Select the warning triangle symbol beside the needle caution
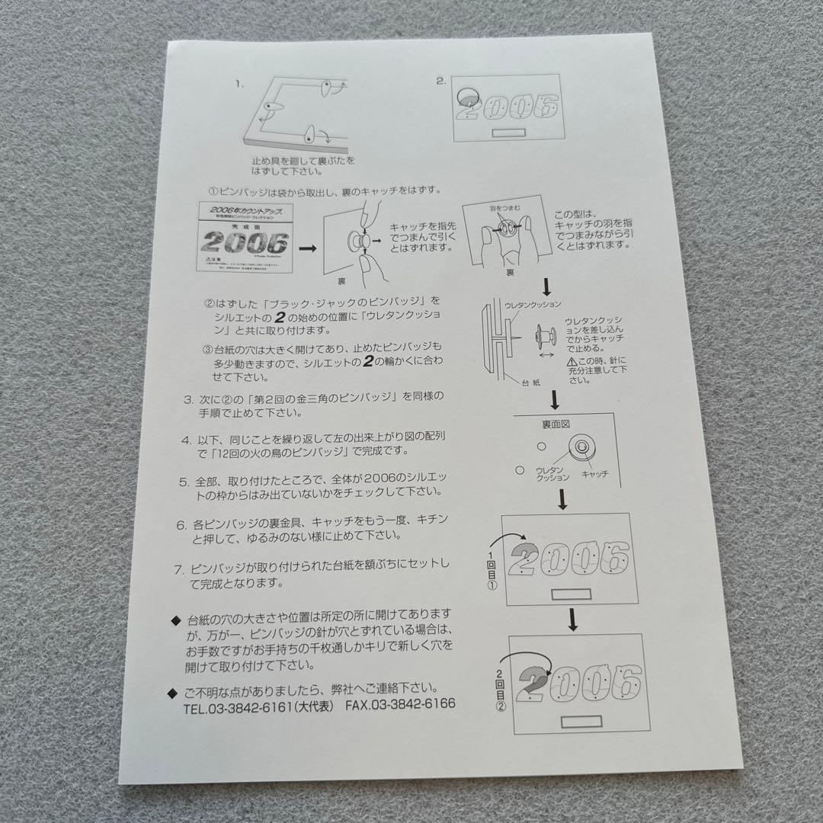(x=570, y=361)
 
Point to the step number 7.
(x=179, y=568)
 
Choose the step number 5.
(x=184, y=482)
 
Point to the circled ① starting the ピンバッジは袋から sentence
(x=214, y=190)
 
